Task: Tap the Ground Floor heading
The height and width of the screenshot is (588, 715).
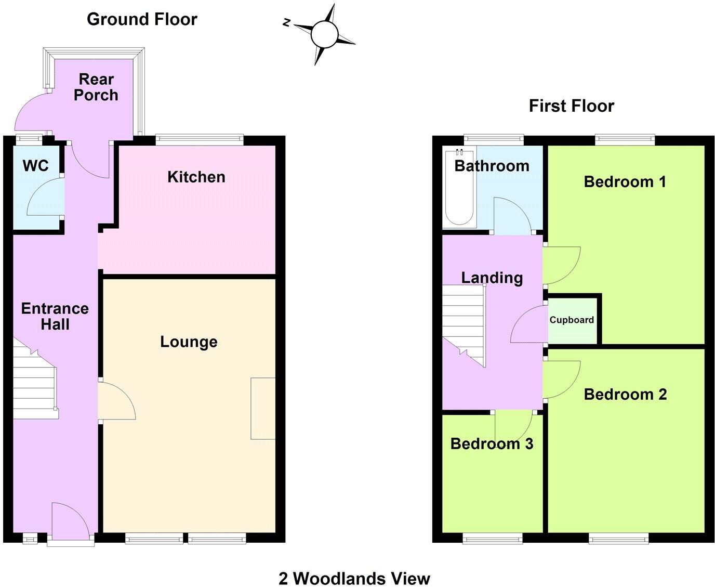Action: [x=142, y=19]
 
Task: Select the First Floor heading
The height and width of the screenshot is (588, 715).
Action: [x=571, y=106]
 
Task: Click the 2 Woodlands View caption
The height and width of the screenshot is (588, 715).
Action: [x=354, y=578]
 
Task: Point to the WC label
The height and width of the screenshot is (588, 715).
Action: [x=36, y=166]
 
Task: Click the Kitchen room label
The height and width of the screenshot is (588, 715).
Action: [x=196, y=177]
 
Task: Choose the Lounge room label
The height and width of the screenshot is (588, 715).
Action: [x=189, y=342]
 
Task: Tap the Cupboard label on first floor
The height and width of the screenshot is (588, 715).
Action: [x=572, y=320]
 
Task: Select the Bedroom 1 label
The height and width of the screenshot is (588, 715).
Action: [x=625, y=181]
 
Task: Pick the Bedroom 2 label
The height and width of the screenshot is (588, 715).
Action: [x=625, y=394]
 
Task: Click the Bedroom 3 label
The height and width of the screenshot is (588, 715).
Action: [x=492, y=443]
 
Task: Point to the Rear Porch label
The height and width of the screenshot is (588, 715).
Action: [x=96, y=87]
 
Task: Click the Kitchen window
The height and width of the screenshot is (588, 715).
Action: [x=200, y=139]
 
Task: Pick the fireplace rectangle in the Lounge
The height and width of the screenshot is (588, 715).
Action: [x=263, y=409]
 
